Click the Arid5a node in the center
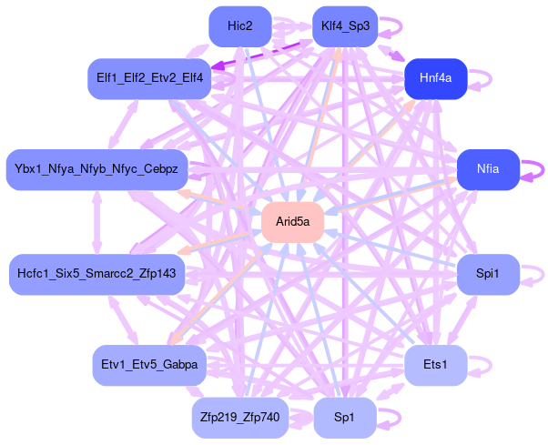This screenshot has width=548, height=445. pyautogui.click(x=293, y=221)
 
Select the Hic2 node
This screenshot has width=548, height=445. pyautogui.click(x=240, y=26)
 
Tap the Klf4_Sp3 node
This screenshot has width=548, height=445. pyautogui.click(x=345, y=26)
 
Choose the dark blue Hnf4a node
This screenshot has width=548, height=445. pyautogui.click(x=436, y=78)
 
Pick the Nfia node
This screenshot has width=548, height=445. pyautogui.click(x=487, y=169)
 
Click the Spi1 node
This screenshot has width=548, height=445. pyautogui.click(x=485, y=273)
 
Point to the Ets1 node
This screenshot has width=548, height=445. pyautogui.click(x=435, y=365)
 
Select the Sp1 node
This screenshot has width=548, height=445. pyautogui.click(x=345, y=417)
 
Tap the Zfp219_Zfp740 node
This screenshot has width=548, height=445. pyautogui.click(x=241, y=417)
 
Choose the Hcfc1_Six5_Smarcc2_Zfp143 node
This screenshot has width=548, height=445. pyautogui.click(x=97, y=273)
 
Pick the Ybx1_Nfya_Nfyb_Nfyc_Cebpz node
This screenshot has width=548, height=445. pyautogui.click(x=97, y=169)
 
